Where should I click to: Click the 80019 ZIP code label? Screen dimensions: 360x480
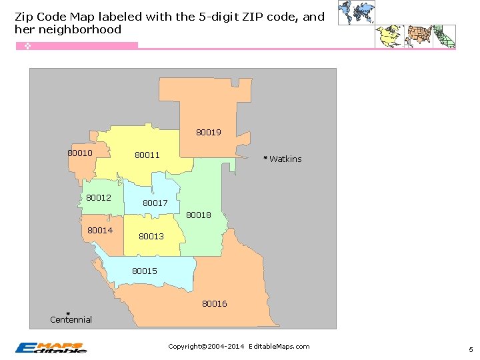pyautogui.click(x=209, y=132)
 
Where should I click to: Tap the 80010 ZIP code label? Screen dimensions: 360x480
pyautogui.click(x=80, y=153)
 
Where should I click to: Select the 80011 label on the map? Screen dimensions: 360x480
pyautogui.click(x=147, y=155)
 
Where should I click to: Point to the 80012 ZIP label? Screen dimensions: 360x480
pyautogui.click(x=99, y=197)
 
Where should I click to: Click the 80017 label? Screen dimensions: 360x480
pyautogui.click(x=155, y=203)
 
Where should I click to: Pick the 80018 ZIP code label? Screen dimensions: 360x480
pyautogui.click(x=199, y=215)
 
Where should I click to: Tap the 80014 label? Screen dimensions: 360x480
pyautogui.click(x=100, y=230)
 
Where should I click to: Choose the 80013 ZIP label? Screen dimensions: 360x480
pyautogui.click(x=151, y=236)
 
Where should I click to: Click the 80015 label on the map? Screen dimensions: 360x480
pyautogui.click(x=145, y=271)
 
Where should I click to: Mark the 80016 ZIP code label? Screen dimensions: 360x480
pyautogui.click(x=215, y=303)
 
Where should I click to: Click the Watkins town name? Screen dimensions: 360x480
pyautogui.click(x=285, y=159)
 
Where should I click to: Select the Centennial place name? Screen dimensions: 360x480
pyautogui.click(x=71, y=320)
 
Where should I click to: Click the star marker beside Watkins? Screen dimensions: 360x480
pyautogui.click(x=265, y=158)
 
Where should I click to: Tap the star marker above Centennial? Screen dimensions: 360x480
pyautogui.click(x=68, y=313)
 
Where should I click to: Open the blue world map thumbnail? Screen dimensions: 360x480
pyautogui.click(x=355, y=13)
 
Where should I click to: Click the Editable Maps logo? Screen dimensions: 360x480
pyautogui.click(x=51, y=347)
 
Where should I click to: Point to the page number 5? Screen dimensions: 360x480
pyautogui.click(x=470, y=349)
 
